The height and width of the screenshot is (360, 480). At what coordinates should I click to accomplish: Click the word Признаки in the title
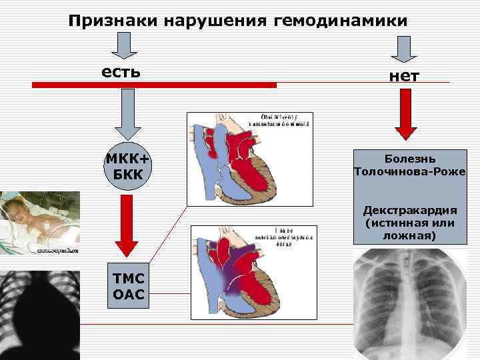click(x=107, y=21)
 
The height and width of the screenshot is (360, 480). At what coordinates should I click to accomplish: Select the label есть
click(x=121, y=71)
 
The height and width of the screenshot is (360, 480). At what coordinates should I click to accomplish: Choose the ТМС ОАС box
click(x=127, y=286)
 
